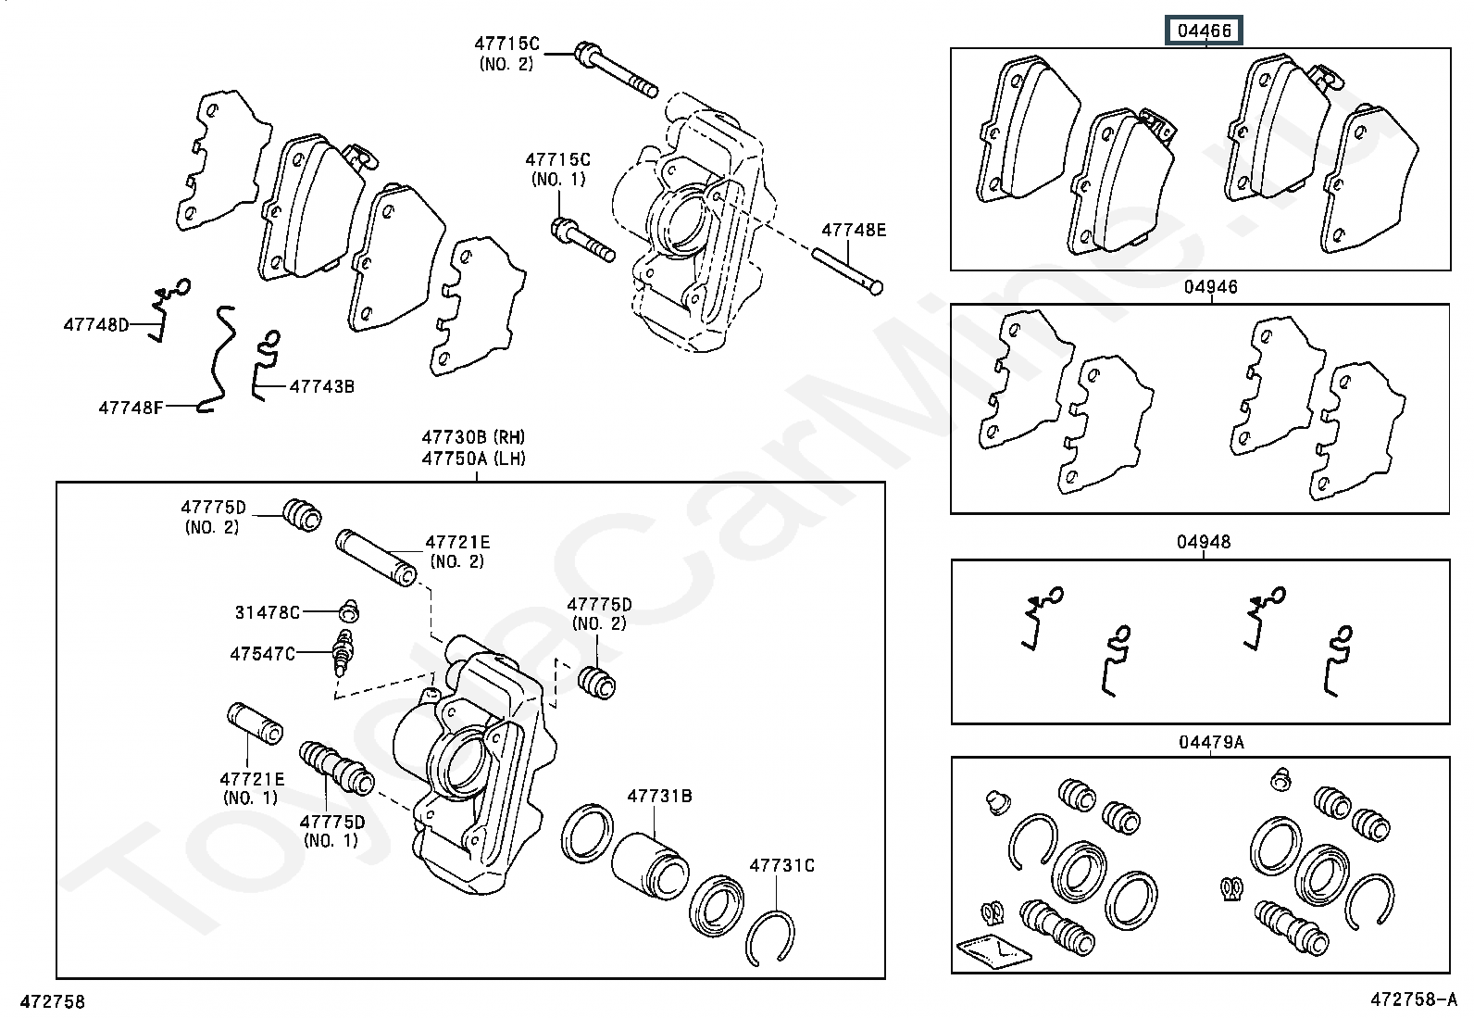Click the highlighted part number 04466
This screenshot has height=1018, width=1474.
[x=1204, y=31]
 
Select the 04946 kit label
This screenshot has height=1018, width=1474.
[x=1211, y=287]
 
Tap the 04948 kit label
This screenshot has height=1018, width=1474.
[x=1204, y=542]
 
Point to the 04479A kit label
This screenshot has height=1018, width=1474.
[x=1211, y=743]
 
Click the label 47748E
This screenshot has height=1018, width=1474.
[x=854, y=230]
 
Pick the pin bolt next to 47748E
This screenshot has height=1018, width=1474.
[x=847, y=270]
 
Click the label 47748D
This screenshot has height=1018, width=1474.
[x=96, y=324]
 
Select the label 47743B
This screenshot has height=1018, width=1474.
[x=322, y=386]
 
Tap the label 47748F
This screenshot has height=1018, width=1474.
[x=131, y=408]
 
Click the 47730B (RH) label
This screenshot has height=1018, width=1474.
[x=473, y=437]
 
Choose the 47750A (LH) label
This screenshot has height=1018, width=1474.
[x=473, y=459]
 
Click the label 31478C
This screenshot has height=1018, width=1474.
[x=268, y=612]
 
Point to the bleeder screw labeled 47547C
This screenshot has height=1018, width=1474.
[x=344, y=652]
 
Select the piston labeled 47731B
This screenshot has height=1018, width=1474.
[x=650, y=866]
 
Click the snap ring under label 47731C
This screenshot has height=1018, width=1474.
[x=771, y=938]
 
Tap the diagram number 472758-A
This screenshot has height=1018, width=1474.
[x=1414, y=999]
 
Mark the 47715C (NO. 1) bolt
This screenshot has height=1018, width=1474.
[x=582, y=240]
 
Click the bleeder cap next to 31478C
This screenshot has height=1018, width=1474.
[x=349, y=610]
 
